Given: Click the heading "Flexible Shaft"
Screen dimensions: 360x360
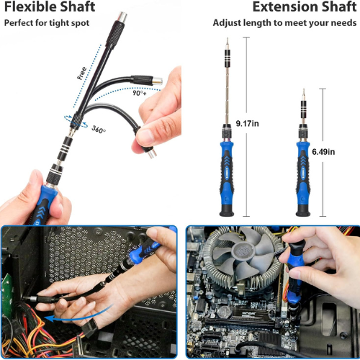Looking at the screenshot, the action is coord(50,6).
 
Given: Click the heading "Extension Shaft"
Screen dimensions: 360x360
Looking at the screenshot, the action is coord(305,6).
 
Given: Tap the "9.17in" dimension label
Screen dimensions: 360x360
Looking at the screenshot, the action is coord(247,123).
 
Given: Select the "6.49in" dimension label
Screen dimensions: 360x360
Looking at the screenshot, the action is coord(323,152).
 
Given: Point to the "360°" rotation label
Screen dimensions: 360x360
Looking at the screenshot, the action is coord(99,130).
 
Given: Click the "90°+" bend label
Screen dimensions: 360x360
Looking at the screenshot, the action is coord(140,93).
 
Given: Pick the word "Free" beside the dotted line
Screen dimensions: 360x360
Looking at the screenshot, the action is coord(81,73).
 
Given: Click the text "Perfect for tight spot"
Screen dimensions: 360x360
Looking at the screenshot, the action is coord(47,23).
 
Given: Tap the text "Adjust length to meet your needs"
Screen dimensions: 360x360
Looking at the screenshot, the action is coord(284,23).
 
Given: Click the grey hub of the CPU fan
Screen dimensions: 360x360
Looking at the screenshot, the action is coord(243,252).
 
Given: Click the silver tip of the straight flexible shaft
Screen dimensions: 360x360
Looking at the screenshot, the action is coord(122,17).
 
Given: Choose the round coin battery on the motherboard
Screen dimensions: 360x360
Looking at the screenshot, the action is coord(224,311).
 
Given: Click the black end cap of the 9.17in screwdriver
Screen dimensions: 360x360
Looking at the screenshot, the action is coord(227,210).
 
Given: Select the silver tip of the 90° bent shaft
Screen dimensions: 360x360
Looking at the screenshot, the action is coord(157,81).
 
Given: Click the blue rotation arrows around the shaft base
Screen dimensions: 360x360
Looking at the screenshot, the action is coord(76,121).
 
